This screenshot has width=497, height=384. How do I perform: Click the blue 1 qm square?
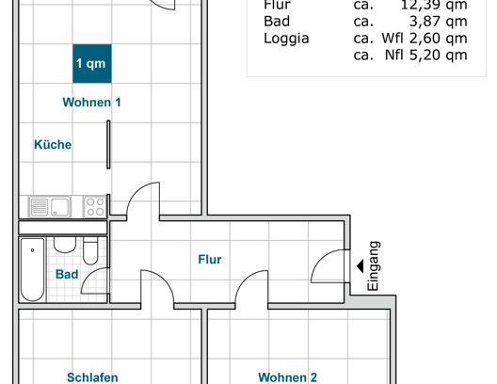(x=91, y=63)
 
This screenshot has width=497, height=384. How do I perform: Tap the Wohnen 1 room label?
(x=91, y=103)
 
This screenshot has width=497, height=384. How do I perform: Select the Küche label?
(x=53, y=145)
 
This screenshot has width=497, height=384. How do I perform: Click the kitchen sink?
(x=56, y=206)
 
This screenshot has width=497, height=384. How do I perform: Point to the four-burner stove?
(x=95, y=206)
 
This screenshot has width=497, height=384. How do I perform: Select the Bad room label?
(x=66, y=275)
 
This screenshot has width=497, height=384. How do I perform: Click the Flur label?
(x=210, y=259)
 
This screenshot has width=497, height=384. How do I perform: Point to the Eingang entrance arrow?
(x=361, y=265)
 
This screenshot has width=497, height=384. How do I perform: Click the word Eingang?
(x=374, y=265)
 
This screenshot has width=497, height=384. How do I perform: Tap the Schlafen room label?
(x=92, y=377)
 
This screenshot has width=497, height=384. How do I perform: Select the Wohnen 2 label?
(x=287, y=377)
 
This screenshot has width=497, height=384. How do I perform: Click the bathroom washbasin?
(x=65, y=247)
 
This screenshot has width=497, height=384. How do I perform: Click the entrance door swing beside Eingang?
(x=329, y=268)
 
